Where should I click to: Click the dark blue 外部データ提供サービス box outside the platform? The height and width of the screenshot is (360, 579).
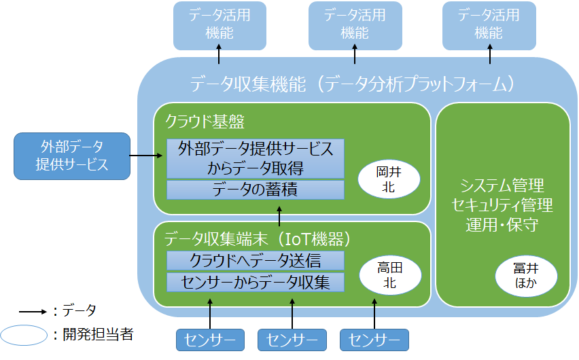click(72, 156)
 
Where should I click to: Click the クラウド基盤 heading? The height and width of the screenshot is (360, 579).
click(205, 122)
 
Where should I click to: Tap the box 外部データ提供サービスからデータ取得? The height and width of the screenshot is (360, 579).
click(256, 158)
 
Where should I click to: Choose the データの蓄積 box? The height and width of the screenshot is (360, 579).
click(256, 190)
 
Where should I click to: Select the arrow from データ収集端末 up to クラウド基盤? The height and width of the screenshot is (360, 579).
click(279, 216)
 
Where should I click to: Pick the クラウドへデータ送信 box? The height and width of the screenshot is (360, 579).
click(256, 260)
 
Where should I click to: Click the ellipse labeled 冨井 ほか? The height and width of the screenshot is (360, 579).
click(525, 276)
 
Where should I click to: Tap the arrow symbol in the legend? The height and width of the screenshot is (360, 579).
click(32, 312)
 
